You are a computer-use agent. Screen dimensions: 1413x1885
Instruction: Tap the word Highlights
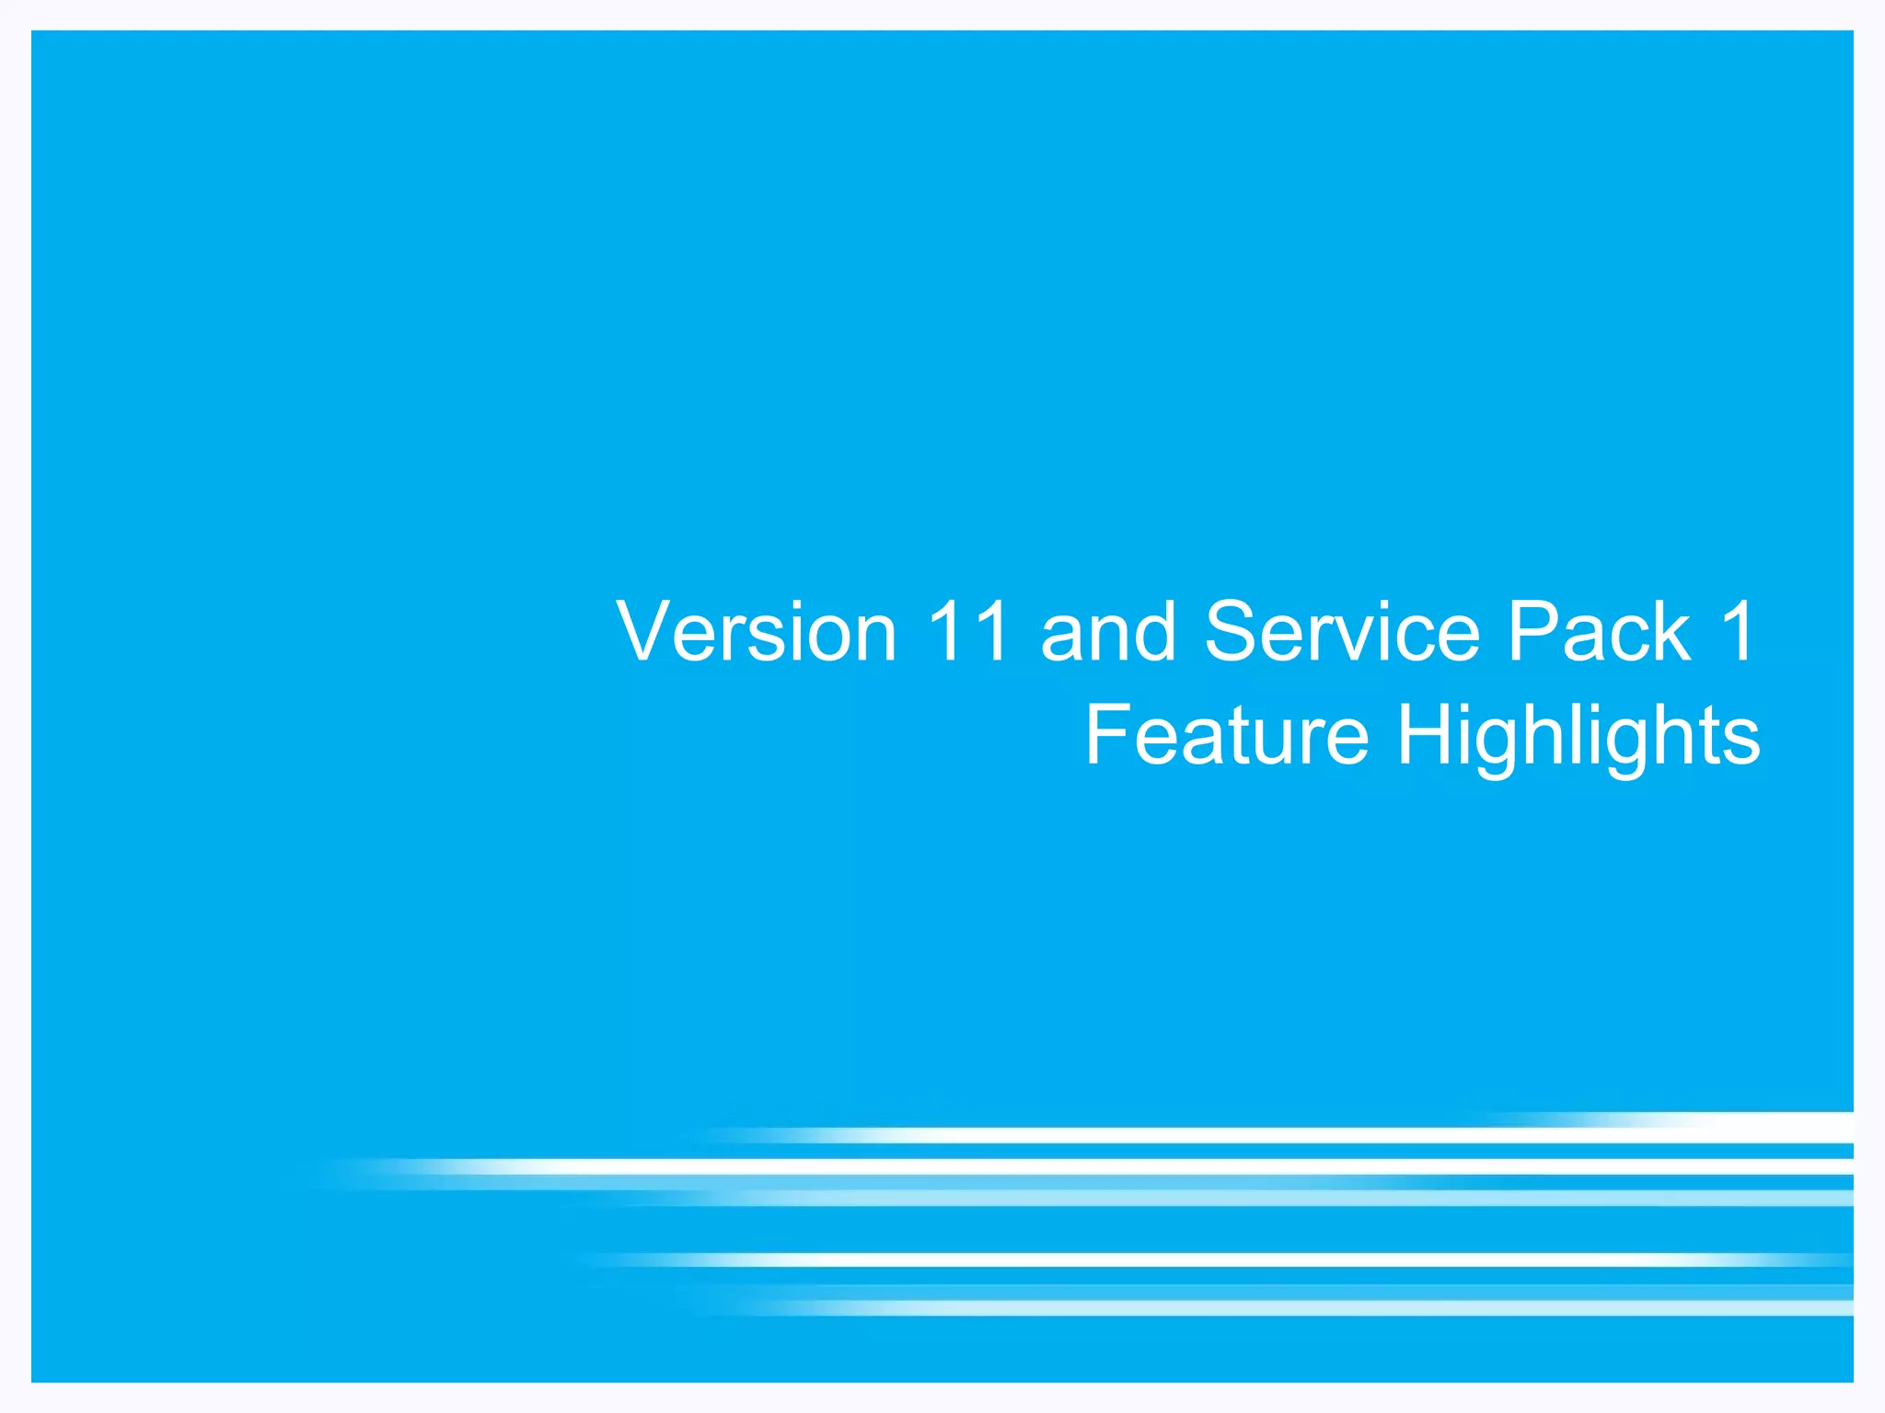[x=1579, y=736]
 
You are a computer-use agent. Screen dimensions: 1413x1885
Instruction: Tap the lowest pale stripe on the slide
[x=1289, y=1307]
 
